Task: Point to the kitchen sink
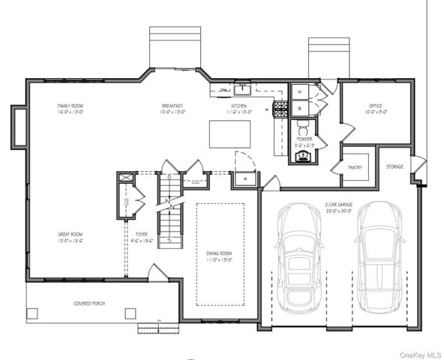coord(242,89)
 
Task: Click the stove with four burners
coord(281,109)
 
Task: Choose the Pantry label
coord(355,167)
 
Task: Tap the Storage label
coord(394,166)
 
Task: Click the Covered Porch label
coord(88,304)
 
